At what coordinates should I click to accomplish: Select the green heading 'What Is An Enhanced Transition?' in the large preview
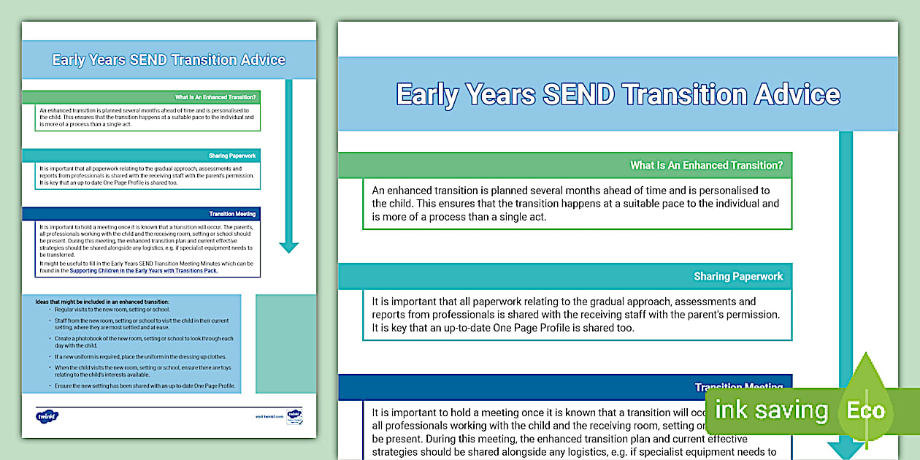tap(705, 166)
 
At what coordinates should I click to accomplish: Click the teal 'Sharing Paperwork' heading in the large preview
tap(737, 277)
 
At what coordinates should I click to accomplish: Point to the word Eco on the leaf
tap(865, 410)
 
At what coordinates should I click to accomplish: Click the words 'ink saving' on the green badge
tap(771, 410)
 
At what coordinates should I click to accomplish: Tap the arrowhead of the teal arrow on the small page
tap(289, 246)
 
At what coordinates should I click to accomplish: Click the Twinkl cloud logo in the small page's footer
tap(47, 416)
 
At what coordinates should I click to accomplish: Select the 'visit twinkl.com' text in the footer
tap(269, 416)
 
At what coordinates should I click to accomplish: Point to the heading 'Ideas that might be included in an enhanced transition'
tap(102, 302)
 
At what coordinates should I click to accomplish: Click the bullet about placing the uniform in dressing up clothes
tap(134, 357)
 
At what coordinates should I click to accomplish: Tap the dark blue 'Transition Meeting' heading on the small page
tap(232, 214)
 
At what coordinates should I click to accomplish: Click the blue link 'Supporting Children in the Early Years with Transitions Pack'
tap(143, 271)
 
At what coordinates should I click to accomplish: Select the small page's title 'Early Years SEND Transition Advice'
tap(169, 60)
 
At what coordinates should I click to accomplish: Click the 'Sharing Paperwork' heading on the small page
tap(232, 156)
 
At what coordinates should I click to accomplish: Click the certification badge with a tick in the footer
tap(294, 416)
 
